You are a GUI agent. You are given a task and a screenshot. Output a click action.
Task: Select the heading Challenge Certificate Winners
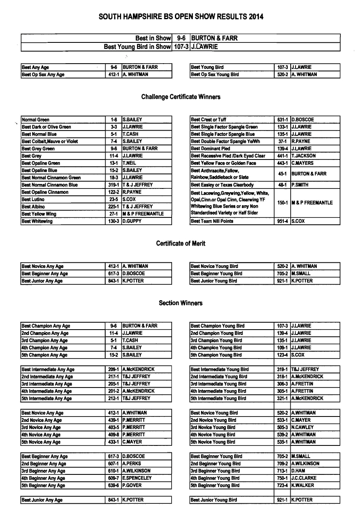[181, 97]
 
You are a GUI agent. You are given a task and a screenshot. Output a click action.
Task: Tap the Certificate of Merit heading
[181, 244]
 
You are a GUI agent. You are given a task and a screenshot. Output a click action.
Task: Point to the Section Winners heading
[181, 303]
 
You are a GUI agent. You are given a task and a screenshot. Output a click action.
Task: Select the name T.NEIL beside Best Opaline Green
[130, 163]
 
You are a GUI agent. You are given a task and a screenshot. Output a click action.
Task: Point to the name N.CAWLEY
[303, 428]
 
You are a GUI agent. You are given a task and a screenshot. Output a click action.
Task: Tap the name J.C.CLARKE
[304, 478]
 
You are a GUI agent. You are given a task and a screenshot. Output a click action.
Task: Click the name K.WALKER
[303, 485]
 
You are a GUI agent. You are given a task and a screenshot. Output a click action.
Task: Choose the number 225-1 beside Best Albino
[114, 207]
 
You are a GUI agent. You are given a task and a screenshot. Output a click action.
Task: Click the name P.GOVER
[132, 485]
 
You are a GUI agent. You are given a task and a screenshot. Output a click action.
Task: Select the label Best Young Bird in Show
[137, 47]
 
